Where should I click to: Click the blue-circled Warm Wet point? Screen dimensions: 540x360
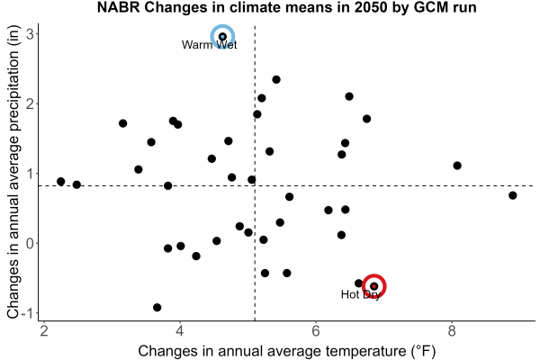point(223,37)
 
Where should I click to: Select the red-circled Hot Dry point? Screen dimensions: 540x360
point(374,286)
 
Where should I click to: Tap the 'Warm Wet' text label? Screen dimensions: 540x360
point(210,45)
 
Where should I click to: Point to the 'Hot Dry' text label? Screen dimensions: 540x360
point(361,294)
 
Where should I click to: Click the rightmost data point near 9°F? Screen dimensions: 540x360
point(512,195)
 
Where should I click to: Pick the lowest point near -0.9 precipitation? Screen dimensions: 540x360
point(157,307)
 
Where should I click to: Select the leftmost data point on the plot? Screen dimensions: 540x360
point(61,182)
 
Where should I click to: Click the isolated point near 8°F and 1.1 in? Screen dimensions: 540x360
point(457,166)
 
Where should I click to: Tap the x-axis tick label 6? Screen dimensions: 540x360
point(316,331)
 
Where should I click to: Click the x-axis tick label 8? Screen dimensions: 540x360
point(452,331)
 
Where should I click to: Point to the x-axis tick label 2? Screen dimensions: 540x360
point(44,331)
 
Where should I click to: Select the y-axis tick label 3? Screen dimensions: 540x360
point(30,34)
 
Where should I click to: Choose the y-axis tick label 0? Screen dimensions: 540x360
point(30,244)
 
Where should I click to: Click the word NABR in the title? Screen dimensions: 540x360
point(119,7)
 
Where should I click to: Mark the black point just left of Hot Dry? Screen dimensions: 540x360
point(358,283)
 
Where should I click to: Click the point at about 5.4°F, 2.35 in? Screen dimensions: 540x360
point(276,79)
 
